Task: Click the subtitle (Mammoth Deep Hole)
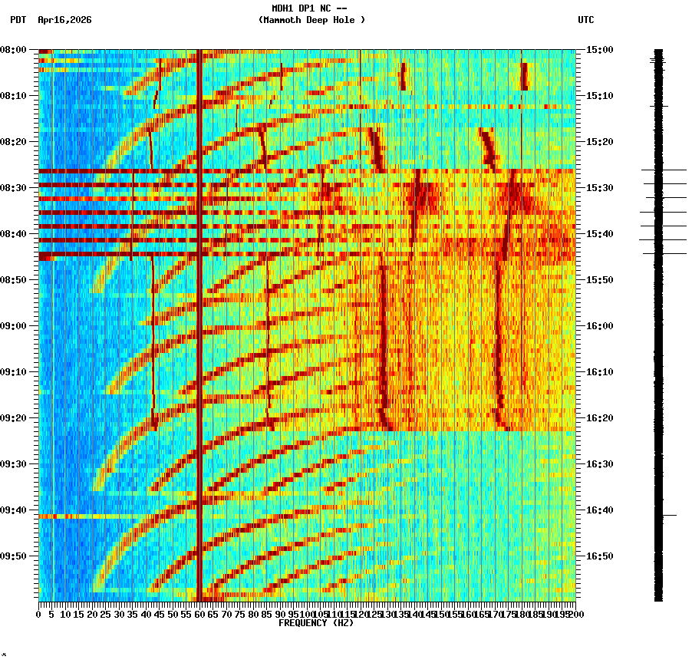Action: coord(311,20)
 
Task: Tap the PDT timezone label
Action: coord(18,20)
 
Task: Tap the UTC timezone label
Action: coord(585,20)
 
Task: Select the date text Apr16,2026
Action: coord(64,20)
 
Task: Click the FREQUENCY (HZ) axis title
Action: coord(315,623)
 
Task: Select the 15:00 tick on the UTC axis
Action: coord(599,50)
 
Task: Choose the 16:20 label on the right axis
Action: coord(599,418)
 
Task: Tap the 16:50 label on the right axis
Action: coord(599,556)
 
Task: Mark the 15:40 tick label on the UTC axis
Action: coord(599,234)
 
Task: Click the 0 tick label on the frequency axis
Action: coord(39,614)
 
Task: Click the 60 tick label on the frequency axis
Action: coord(199,614)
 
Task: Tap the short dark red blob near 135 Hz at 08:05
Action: coord(403,77)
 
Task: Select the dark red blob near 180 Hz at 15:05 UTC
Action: coord(524,76)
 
